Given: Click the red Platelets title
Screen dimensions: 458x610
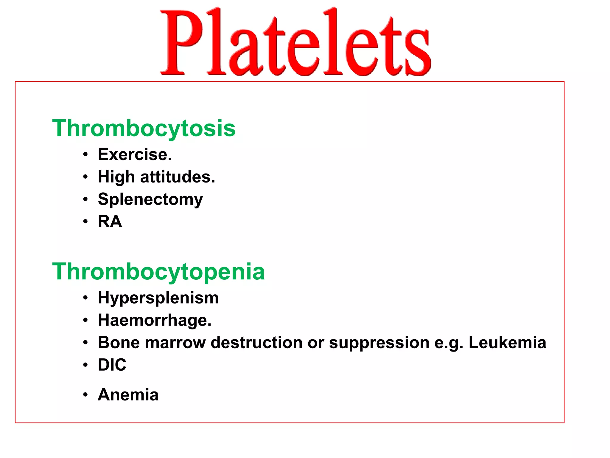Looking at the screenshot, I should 295,42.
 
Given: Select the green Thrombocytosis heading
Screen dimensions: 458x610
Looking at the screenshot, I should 144,128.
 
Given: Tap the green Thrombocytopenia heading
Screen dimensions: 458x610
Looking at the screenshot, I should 158,272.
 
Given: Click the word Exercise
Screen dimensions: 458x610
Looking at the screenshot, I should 135,154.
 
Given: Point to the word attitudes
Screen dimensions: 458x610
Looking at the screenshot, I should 177,177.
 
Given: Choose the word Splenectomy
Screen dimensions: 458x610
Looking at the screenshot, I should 150,199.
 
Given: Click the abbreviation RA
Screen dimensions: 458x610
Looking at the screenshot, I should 110,222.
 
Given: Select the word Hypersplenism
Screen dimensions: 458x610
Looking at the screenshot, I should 158,298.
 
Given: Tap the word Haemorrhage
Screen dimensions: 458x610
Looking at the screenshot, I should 154,320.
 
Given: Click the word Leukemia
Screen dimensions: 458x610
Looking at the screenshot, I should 507,342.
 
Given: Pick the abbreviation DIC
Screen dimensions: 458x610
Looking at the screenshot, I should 112,365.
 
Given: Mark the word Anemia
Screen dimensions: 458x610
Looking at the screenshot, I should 128,395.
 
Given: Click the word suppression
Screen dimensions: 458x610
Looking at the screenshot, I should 379,343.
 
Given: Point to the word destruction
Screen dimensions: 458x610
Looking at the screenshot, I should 256,342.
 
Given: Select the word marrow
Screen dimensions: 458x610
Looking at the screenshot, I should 175,343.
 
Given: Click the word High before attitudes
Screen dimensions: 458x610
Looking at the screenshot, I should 116,177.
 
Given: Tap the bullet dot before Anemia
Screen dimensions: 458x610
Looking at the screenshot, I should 85,395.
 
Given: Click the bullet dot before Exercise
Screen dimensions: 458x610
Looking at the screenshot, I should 85,155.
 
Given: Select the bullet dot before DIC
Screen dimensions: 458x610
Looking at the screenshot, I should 85,365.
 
